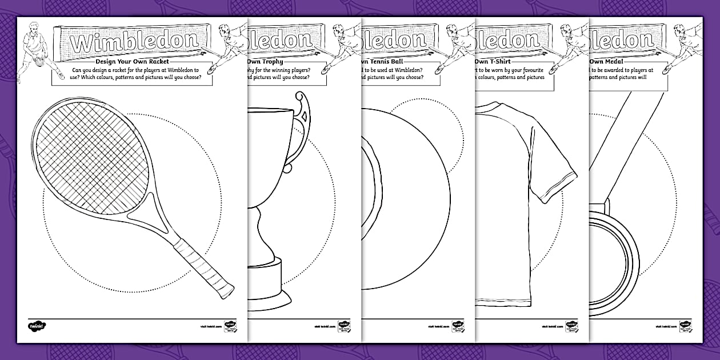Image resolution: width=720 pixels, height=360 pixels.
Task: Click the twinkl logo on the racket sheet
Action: pyautogui.click(x=37, y=327)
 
